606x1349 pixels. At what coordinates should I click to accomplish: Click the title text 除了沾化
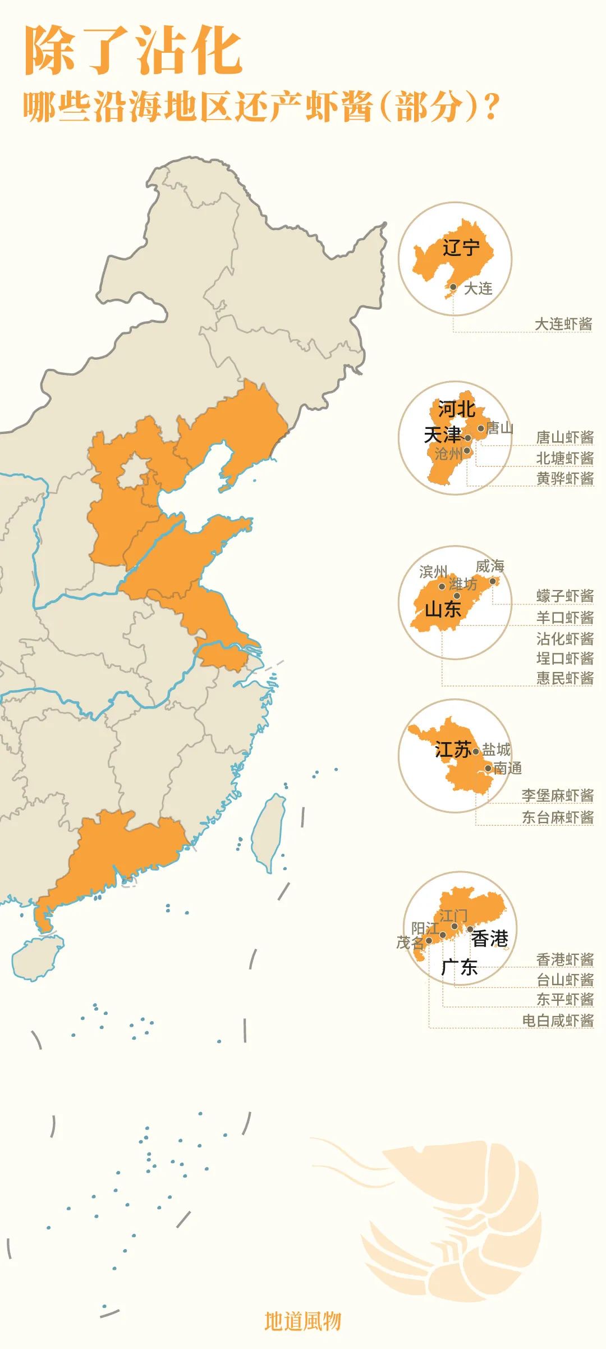(x=134, y=51)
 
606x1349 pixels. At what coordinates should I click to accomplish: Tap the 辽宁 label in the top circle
(x=461, y=247)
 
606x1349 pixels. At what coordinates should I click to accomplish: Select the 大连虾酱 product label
(x=563, y=324)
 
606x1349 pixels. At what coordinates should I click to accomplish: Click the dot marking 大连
(x=453, y=287)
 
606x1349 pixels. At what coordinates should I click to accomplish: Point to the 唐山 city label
(x=499, y=428)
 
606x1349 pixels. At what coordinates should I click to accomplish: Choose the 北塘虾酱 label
(x=564, y=458)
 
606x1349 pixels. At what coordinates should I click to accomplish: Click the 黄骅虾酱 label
(x=564, y=478)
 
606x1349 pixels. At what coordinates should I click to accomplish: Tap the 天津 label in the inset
(x=442, y=435)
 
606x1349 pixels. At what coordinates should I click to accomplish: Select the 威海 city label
(x=490, y=566)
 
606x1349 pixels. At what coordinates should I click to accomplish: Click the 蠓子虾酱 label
(x=564, y=596)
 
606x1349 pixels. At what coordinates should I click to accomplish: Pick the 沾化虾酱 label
(x=564, y=638)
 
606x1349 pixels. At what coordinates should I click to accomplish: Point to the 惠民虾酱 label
(x=564, y=678)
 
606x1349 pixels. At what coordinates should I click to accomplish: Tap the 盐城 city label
(x=497, y=749)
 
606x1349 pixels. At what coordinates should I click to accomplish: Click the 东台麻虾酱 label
(x=557, y=817)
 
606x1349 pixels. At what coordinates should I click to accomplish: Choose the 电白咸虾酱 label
(x=557, y=1020)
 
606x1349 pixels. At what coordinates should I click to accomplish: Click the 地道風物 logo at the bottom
(x=302, y=1321)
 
